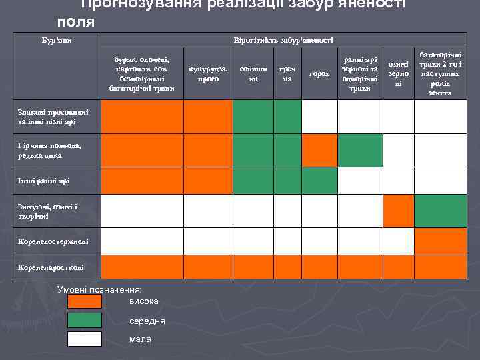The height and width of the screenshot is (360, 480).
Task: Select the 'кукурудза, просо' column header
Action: [208, 73]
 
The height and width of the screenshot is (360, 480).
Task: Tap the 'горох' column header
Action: [319, 73]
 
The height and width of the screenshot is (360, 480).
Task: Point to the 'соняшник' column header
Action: [253, 73]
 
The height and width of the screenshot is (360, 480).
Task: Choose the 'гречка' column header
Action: [287, 73]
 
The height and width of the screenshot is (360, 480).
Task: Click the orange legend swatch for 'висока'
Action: [85, 301]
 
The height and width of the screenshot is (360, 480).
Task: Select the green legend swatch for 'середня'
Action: [85, 320]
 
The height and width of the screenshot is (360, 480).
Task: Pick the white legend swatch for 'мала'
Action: [85, 339]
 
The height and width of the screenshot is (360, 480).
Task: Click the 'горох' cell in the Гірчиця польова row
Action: [319, 150]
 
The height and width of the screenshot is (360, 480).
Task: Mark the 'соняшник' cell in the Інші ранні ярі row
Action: [253, 181]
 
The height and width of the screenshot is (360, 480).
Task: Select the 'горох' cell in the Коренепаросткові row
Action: [319, 267]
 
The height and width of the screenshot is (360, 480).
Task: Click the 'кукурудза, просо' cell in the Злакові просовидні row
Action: [208, 116]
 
